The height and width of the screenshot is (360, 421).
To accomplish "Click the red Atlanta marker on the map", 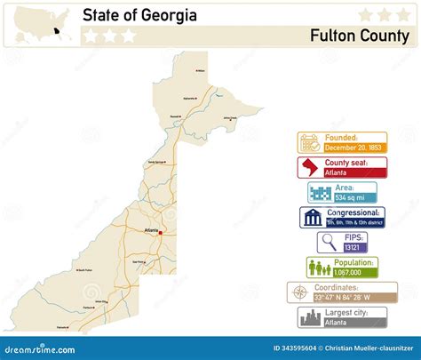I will tap(160, 231).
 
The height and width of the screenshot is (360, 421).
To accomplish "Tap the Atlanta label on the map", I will tap(150, 231).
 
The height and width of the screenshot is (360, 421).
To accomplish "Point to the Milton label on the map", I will tap(200, 70).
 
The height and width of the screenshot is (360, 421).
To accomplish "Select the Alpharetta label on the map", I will tap(190, 97).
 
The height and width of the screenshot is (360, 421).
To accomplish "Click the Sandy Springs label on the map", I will tap(156, 162).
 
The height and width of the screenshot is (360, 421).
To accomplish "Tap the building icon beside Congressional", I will tap(313, 219).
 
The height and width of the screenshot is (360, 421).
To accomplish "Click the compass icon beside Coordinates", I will tap(300, 292).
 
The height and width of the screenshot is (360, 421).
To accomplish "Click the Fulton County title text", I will tap(360, 36).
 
